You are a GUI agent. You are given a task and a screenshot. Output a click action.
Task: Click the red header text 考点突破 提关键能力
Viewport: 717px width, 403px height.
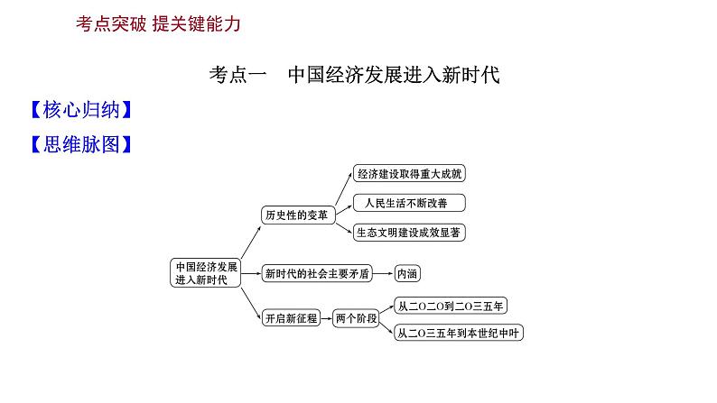(x=159, y=25)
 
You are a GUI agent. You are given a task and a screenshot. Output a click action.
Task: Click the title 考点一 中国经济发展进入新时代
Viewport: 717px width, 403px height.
(x=354, y=75)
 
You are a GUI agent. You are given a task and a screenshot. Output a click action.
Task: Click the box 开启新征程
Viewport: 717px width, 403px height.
(x=291, y=317)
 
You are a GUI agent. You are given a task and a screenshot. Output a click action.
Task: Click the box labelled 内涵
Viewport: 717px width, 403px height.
(x=407, y=272)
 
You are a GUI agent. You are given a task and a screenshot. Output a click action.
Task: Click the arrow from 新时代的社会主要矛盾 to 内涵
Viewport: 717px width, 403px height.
(x=383, y=272)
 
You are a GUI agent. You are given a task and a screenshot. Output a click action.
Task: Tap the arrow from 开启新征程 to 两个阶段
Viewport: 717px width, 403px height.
(x=327, y=317)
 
